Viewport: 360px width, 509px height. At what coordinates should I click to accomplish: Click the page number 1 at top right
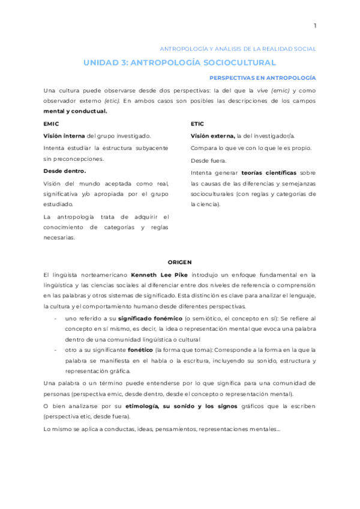(314, 25)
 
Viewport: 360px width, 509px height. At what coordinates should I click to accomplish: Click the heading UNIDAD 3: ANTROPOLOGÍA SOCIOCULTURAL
(179, 62)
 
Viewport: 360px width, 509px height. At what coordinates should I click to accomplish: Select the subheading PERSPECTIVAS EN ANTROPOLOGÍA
(262, 78)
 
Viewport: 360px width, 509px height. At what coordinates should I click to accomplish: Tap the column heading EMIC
(51, 124)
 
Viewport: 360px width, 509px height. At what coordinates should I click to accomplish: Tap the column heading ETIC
(197, 124)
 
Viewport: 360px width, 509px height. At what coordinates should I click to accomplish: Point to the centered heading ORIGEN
(179, 262)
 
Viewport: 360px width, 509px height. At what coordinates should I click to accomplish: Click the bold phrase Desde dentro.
(64, 171)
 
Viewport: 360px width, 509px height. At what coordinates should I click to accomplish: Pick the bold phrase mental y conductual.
(75, 111)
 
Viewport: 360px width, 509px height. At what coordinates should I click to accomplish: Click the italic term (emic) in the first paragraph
(280, 90)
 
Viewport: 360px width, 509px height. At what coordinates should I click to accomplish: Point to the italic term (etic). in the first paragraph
(112, 101)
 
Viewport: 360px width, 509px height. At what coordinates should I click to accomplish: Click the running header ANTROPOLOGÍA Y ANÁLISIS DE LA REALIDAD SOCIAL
(237, 49)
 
